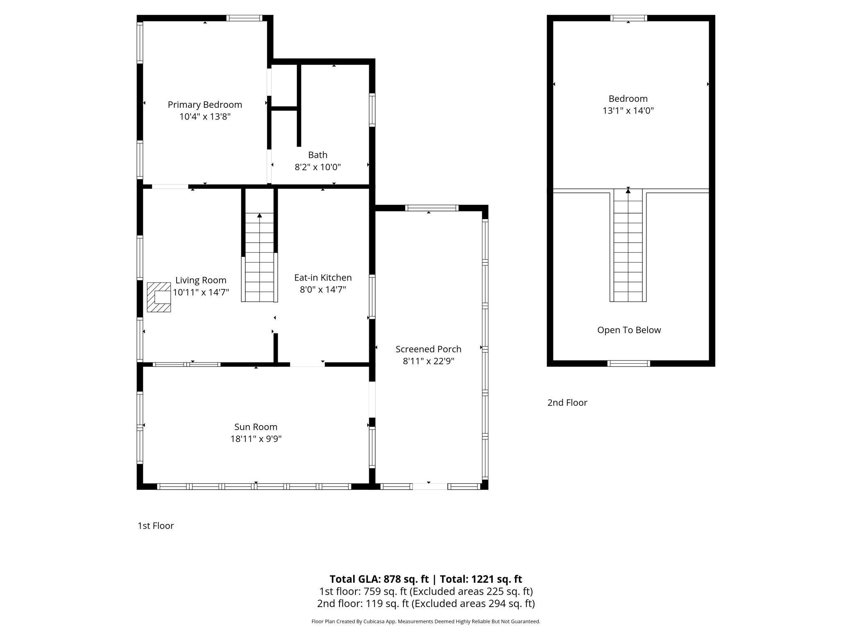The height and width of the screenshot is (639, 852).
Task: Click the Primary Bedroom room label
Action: (205, 104)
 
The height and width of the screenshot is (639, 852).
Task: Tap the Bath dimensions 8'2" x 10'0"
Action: (318, 167)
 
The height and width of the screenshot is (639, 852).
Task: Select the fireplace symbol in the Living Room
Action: (159, 297)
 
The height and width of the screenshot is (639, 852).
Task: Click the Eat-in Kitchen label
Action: (323, 277)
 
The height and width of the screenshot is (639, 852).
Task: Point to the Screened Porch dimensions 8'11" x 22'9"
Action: (428, 361)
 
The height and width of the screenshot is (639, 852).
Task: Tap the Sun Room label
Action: (256, 427)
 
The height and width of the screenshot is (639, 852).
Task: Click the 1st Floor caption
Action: (156, 526)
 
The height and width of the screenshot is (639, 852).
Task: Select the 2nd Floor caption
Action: (567, 403)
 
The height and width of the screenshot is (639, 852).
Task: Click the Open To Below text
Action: (629, 330)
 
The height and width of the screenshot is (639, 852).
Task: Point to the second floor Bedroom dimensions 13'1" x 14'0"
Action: (628, 111)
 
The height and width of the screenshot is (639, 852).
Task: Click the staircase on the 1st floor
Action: (259, 257)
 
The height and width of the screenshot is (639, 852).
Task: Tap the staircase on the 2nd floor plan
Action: (628, 245)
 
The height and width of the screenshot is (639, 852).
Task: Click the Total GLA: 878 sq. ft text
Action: (379, 579)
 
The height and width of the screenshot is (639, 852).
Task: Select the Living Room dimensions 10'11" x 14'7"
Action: (201, 292)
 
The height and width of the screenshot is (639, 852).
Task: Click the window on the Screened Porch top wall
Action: (432, 208)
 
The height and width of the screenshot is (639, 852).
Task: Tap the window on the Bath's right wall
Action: (372, 110)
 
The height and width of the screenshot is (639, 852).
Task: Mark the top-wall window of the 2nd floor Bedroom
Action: (629, 18)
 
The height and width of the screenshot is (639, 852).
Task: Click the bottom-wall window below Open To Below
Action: (629, 363)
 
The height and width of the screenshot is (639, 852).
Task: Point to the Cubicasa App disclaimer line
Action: (426, 621)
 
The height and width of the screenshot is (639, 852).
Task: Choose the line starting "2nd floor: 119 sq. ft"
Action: (426, 603)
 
